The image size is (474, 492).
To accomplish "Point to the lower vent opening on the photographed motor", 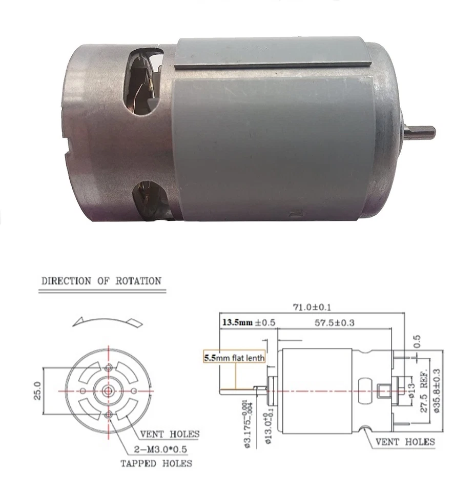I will click(x=149, y=197).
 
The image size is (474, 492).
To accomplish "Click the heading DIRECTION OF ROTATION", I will click(x=101, y=281).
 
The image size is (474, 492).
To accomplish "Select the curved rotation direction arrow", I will click(x=107, y=320).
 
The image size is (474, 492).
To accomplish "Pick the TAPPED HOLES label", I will click(x=156, y=463).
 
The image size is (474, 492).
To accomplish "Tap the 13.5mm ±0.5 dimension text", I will click(x=249, y=323).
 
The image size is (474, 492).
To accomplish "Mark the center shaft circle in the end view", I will click(x=109, y=391).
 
